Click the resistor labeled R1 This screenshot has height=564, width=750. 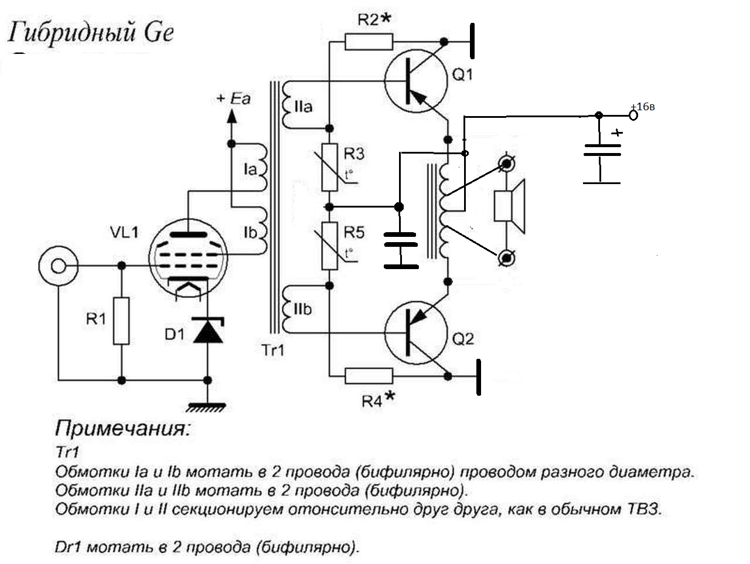click(x=121, y=321)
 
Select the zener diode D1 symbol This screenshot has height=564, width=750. click(x=208, y=331)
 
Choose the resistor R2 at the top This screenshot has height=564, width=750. click(x=369, y=42)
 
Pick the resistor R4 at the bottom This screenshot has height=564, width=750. click(x=369, y=376)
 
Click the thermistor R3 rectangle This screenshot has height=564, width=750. click(x=330, y=167)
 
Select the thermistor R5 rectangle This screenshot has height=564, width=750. click(x=330, y=246)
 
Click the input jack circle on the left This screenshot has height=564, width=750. click(x=58, y=266)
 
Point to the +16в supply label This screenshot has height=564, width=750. click(x=643, y=107)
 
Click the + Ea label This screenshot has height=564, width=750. click(x=233, y=98)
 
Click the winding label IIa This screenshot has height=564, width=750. click(x=303, y=107)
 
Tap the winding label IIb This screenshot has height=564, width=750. click(x=302, y=310)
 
